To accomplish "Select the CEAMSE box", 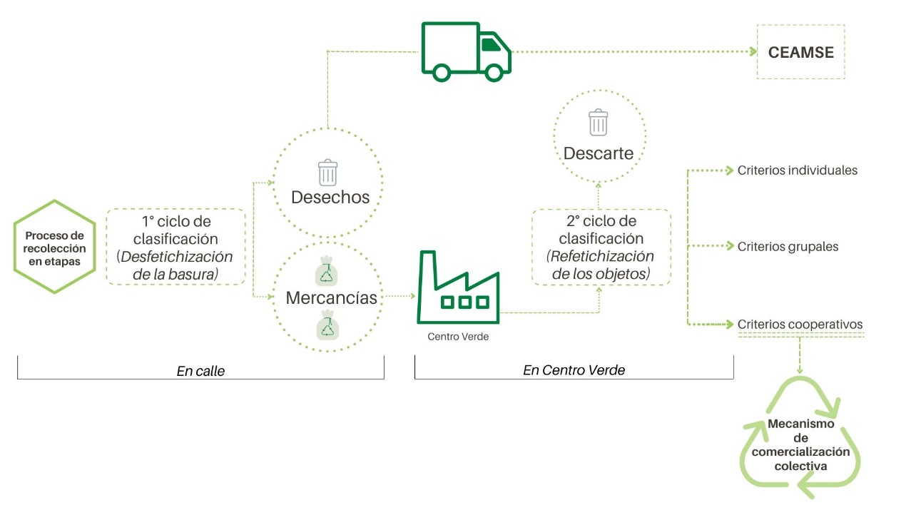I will coord(800,52).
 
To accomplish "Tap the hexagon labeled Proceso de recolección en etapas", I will coord(54,247).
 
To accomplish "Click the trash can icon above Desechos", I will coord(327,173).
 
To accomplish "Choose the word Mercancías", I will coord(331,297).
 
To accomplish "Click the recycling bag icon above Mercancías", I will coord(327,272).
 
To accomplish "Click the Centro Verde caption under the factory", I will coord(458,337).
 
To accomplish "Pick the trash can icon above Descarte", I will coord(598,123).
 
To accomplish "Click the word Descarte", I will coord(598,153).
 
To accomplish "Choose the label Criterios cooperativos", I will coord(800,325).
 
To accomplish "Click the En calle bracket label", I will coord(200,371).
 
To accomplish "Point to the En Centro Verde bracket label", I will coord(574,369).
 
